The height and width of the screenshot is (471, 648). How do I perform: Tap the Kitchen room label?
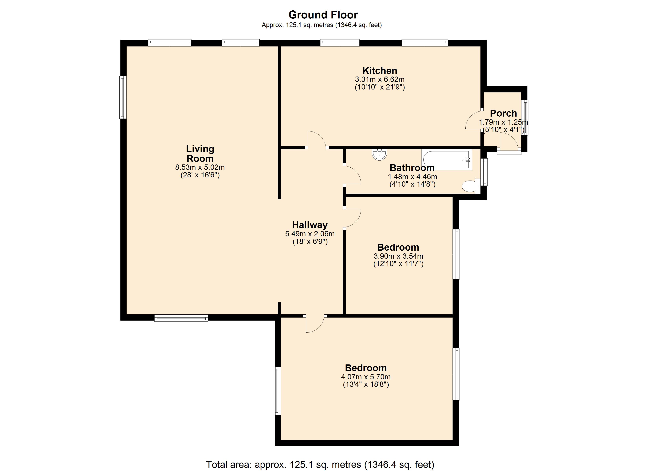point(380,70)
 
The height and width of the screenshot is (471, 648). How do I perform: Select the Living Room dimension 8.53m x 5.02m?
point(200,167)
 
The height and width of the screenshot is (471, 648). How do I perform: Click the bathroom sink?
point(379,154)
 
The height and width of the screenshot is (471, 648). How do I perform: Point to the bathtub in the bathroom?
point(447,160)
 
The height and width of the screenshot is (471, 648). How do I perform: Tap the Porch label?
point(503,113)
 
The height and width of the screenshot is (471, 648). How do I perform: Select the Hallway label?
point(310,225)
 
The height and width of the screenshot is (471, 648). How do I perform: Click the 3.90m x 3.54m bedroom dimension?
point(398,256)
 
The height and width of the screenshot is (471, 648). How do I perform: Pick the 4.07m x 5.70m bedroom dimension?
point(366,377)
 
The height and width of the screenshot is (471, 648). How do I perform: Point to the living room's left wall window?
point(123,97)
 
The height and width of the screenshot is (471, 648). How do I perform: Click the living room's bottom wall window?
point(181,318)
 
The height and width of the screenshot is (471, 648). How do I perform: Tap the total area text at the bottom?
point(320,465)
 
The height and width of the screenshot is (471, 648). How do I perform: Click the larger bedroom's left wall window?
point(277,391)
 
